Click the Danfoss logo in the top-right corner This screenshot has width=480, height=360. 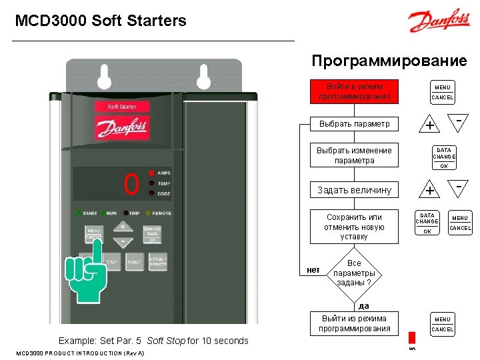tap(439, 21)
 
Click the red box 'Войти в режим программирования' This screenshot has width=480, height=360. tap(355, 92)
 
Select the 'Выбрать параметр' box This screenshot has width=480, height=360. tap(355, 124)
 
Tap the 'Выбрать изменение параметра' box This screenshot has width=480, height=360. tap(355, 155)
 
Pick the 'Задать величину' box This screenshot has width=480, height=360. tap(355, 190)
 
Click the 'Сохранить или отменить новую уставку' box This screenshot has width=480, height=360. tap(354, 227)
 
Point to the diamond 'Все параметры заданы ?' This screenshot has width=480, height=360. tap(354, 273)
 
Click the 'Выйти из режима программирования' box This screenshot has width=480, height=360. tap(355, 323)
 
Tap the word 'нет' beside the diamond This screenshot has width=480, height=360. tap(313, 270)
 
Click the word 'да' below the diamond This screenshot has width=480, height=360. tap(363, 306)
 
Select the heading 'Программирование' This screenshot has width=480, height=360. tap(389, 61)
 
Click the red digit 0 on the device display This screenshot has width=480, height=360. tap(131, 184)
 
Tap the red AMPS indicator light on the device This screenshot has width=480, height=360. tap(152, 173)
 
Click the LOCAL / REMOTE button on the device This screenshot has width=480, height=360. tap(158, 262)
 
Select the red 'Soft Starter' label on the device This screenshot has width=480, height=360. tap(122, 107)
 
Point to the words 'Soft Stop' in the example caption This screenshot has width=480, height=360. tap(165, 341)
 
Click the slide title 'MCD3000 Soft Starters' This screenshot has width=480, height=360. tap(101, 21)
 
